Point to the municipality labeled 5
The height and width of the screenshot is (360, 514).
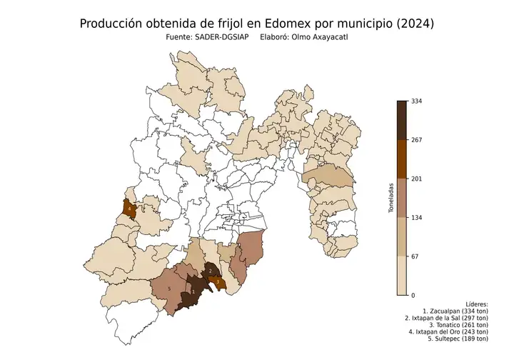(x=169, y=289)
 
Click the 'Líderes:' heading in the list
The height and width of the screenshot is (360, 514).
(x=474, y=304)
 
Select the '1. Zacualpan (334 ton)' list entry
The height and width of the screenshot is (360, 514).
(x=455, y=311)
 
